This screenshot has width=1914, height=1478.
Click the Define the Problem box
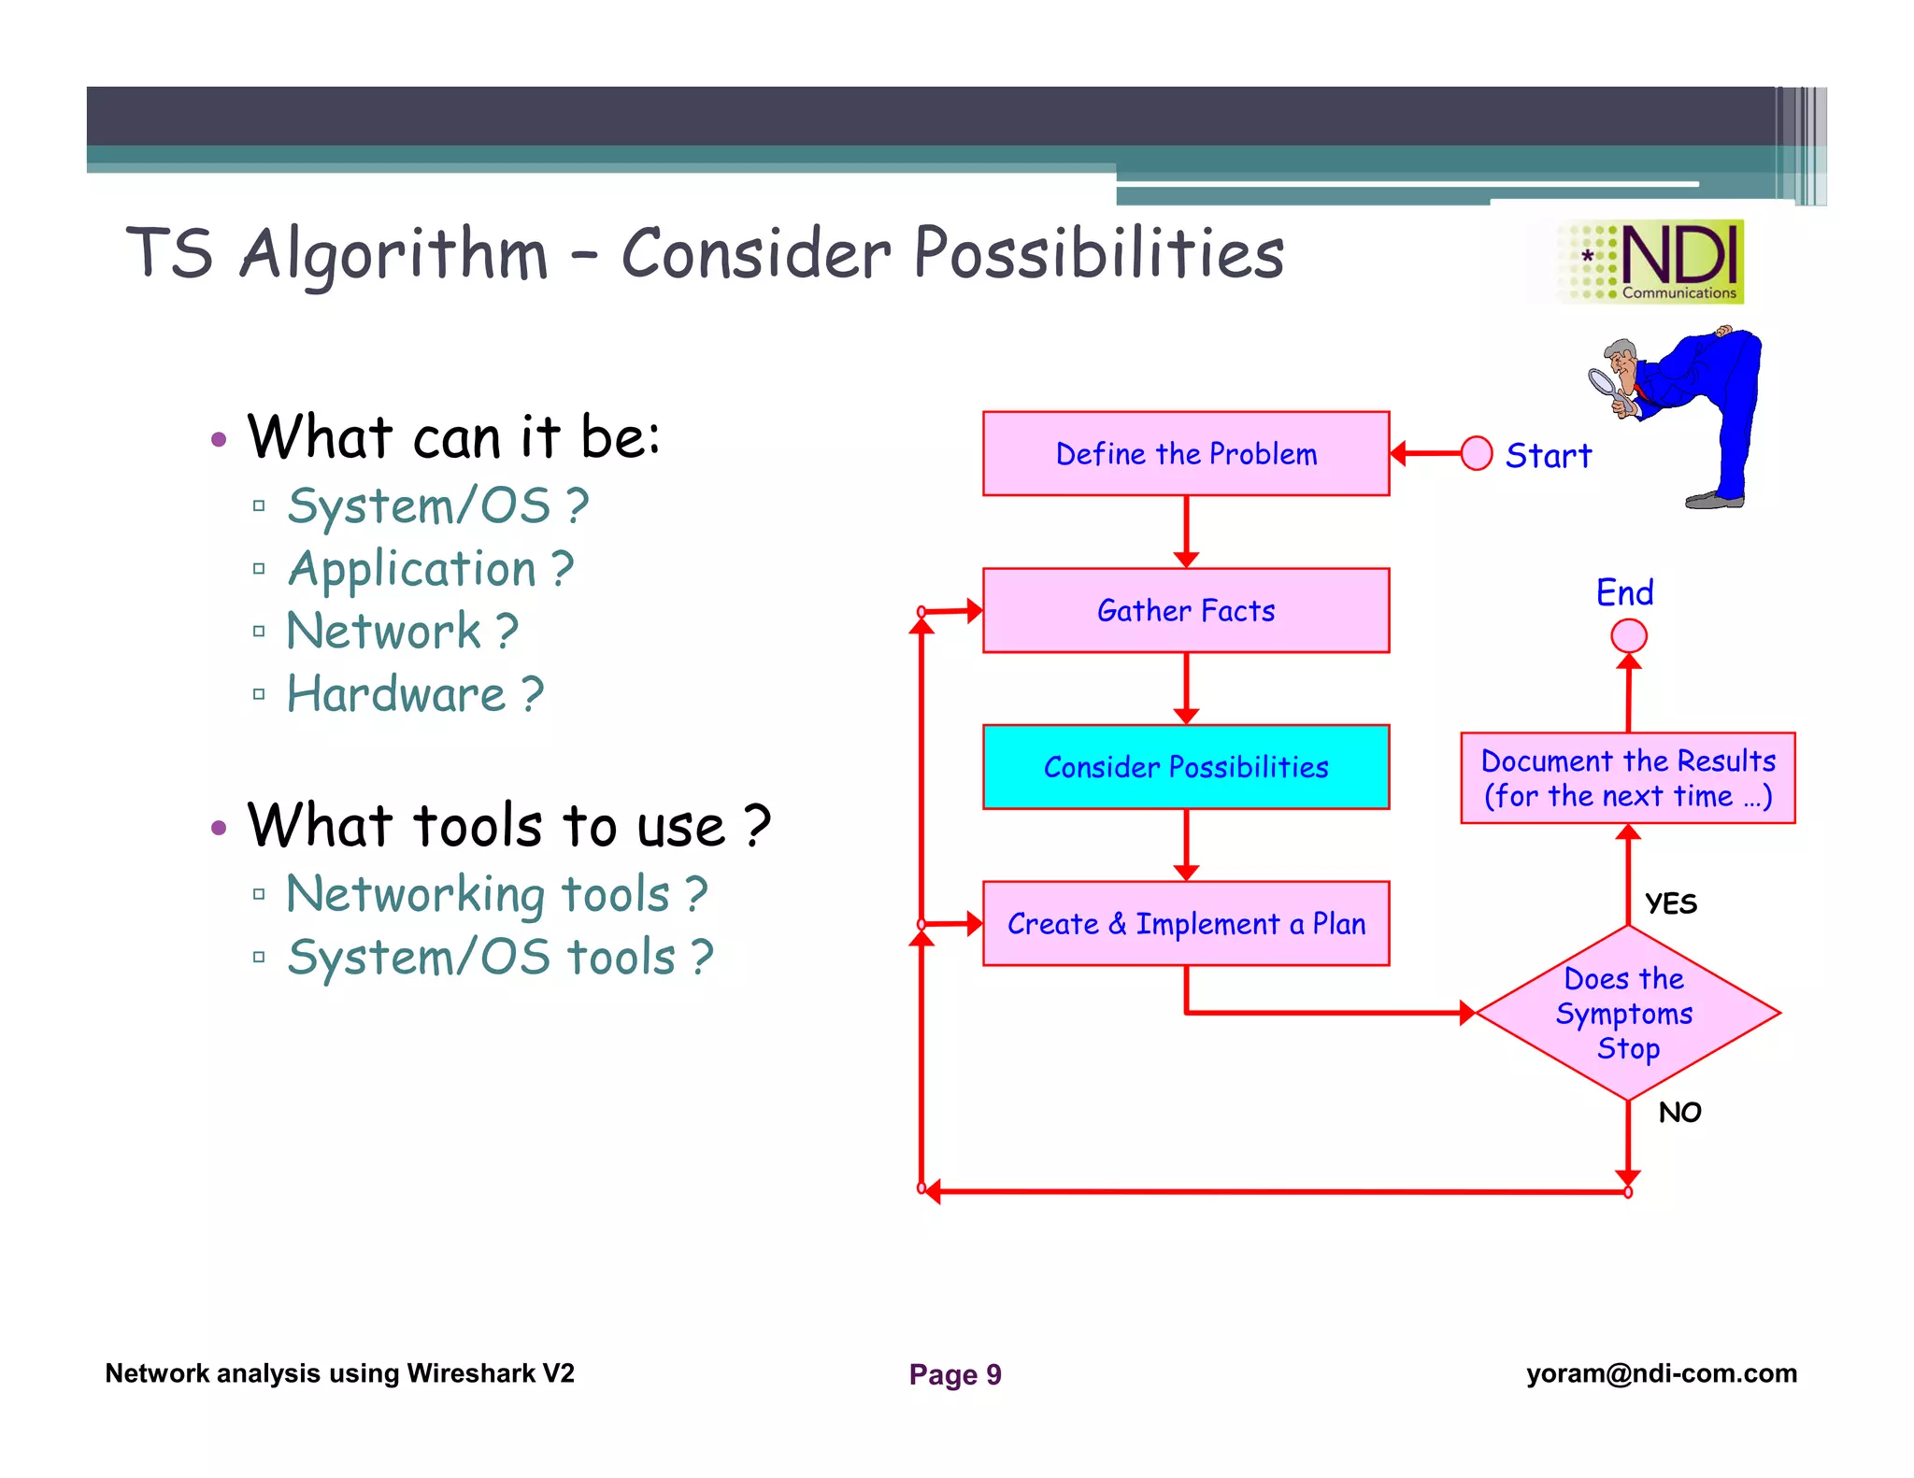coord(1185,454)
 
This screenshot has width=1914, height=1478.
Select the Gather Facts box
coord(1185,610)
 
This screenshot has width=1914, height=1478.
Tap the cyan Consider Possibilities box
coord(1185,767)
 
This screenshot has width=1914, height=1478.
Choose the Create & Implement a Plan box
coord(1185,923)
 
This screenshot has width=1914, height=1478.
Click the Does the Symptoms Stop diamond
coord(1627,1013)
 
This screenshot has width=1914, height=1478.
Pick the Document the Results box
coord(1627,778)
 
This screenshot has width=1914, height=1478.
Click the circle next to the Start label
coord(1476,454)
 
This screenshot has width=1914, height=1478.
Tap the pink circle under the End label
coord(1628,636)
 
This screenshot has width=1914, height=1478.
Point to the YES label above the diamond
coord(1670,903)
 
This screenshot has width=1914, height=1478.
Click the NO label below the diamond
coord(1678,1112)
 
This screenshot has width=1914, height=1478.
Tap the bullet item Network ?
coord(402,631)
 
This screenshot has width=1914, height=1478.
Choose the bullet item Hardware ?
coord(414,694)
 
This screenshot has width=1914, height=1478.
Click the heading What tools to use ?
coord(508,826)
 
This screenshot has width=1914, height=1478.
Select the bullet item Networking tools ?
coord(496,894)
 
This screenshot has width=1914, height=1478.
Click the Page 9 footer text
coord(954,1374)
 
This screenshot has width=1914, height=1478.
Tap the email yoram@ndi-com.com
coord(1661,1373)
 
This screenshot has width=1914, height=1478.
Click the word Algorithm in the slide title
coord(393,254)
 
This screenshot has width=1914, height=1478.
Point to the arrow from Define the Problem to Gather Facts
coord(1185,532)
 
